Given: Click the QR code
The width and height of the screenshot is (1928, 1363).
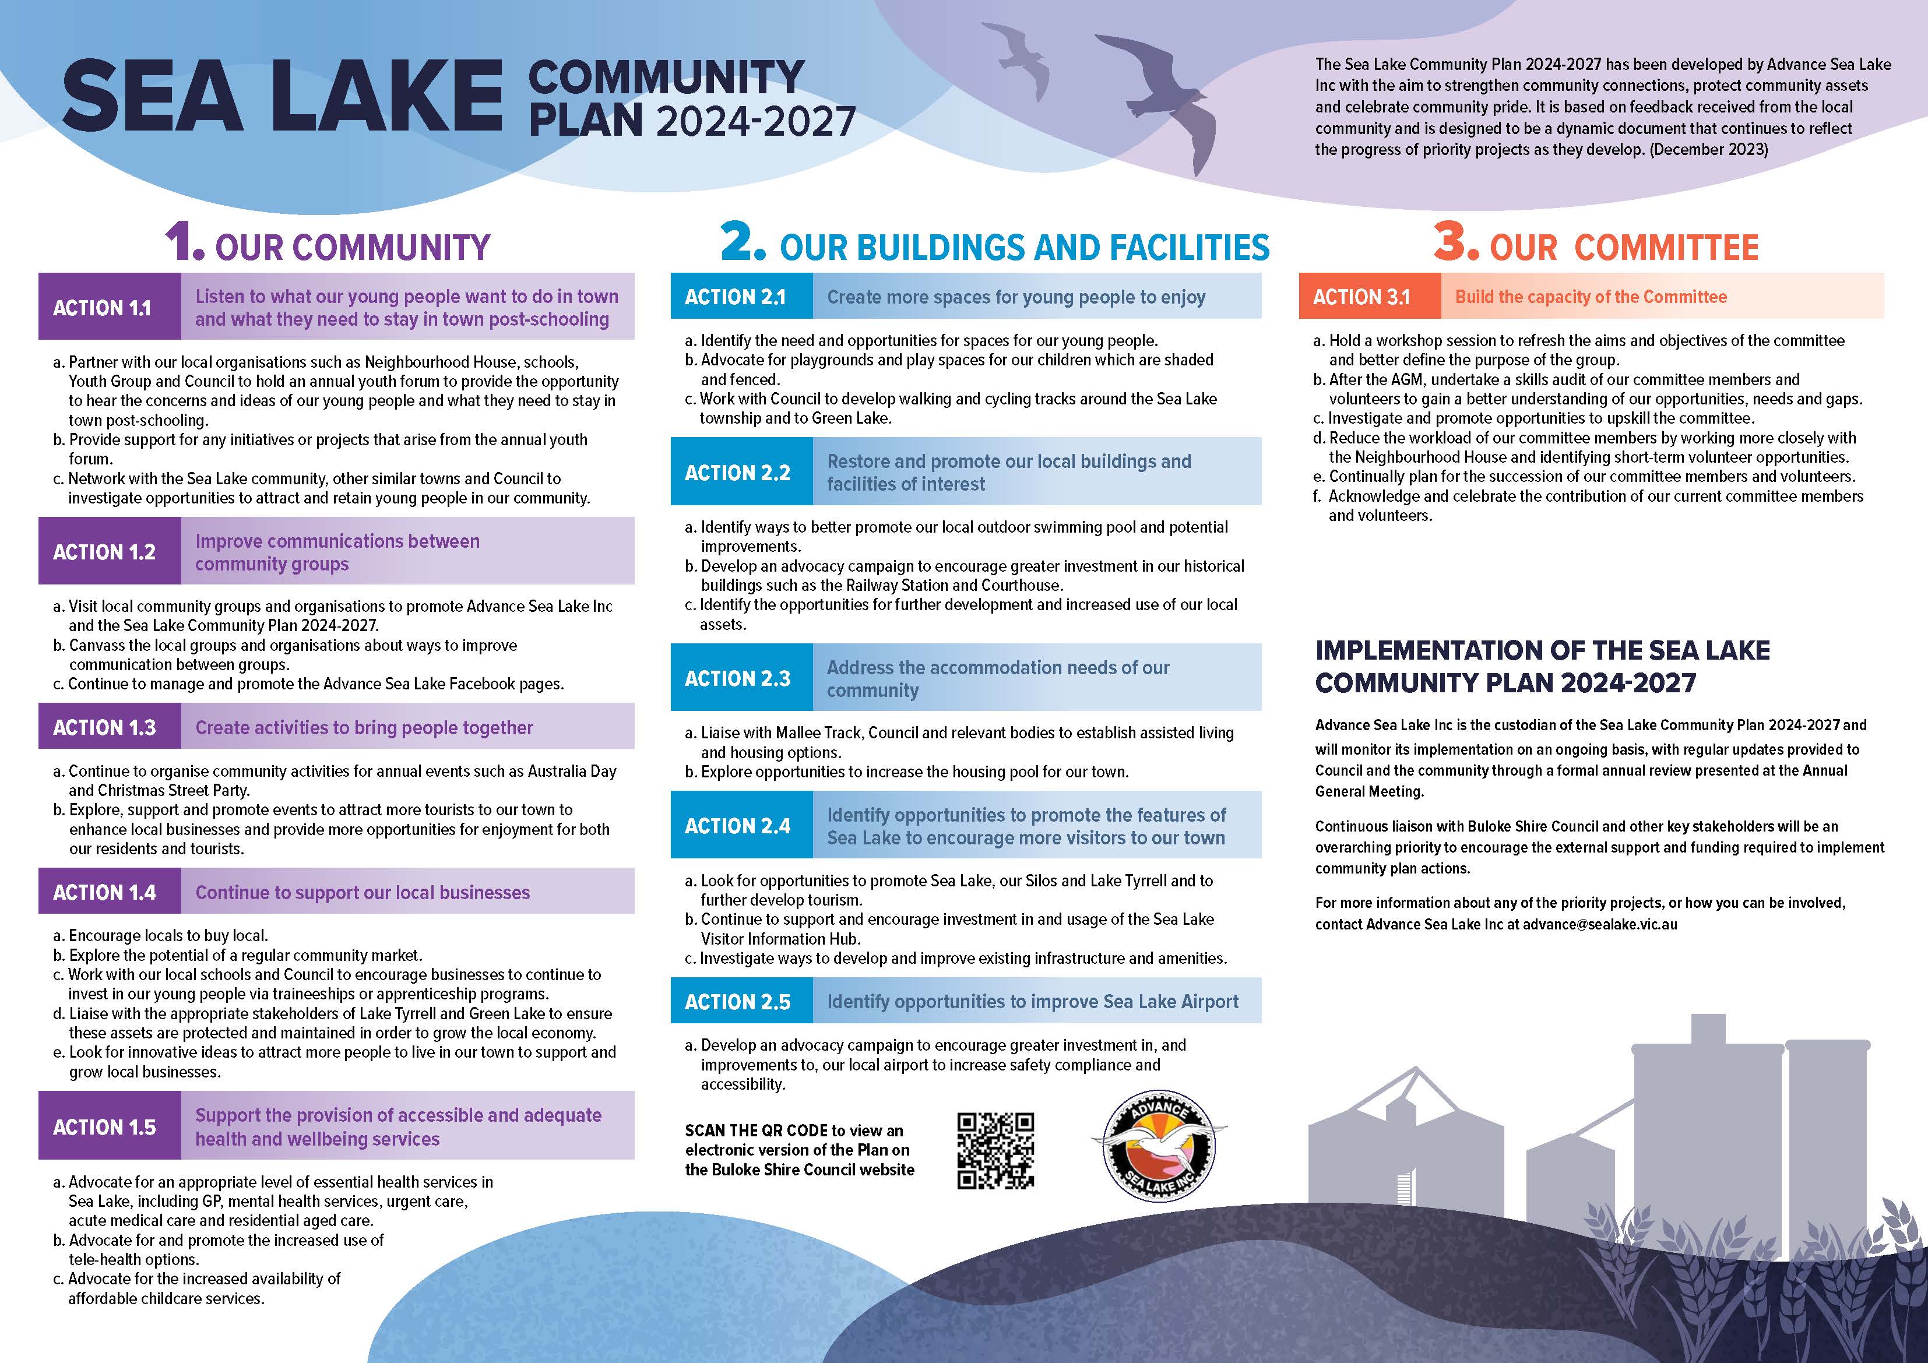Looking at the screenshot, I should pos(996,1150).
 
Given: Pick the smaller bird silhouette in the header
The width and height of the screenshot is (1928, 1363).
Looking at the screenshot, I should pos(1021,59).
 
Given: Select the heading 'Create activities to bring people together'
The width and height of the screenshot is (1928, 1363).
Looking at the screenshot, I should pos(364,727).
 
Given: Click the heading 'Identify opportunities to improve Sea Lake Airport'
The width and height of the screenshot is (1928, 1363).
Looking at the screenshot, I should pos(1032,1001).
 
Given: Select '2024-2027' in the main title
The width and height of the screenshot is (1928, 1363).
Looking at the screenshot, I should pos(756,122).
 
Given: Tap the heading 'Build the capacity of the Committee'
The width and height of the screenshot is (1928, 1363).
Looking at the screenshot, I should pos(1591,297).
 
